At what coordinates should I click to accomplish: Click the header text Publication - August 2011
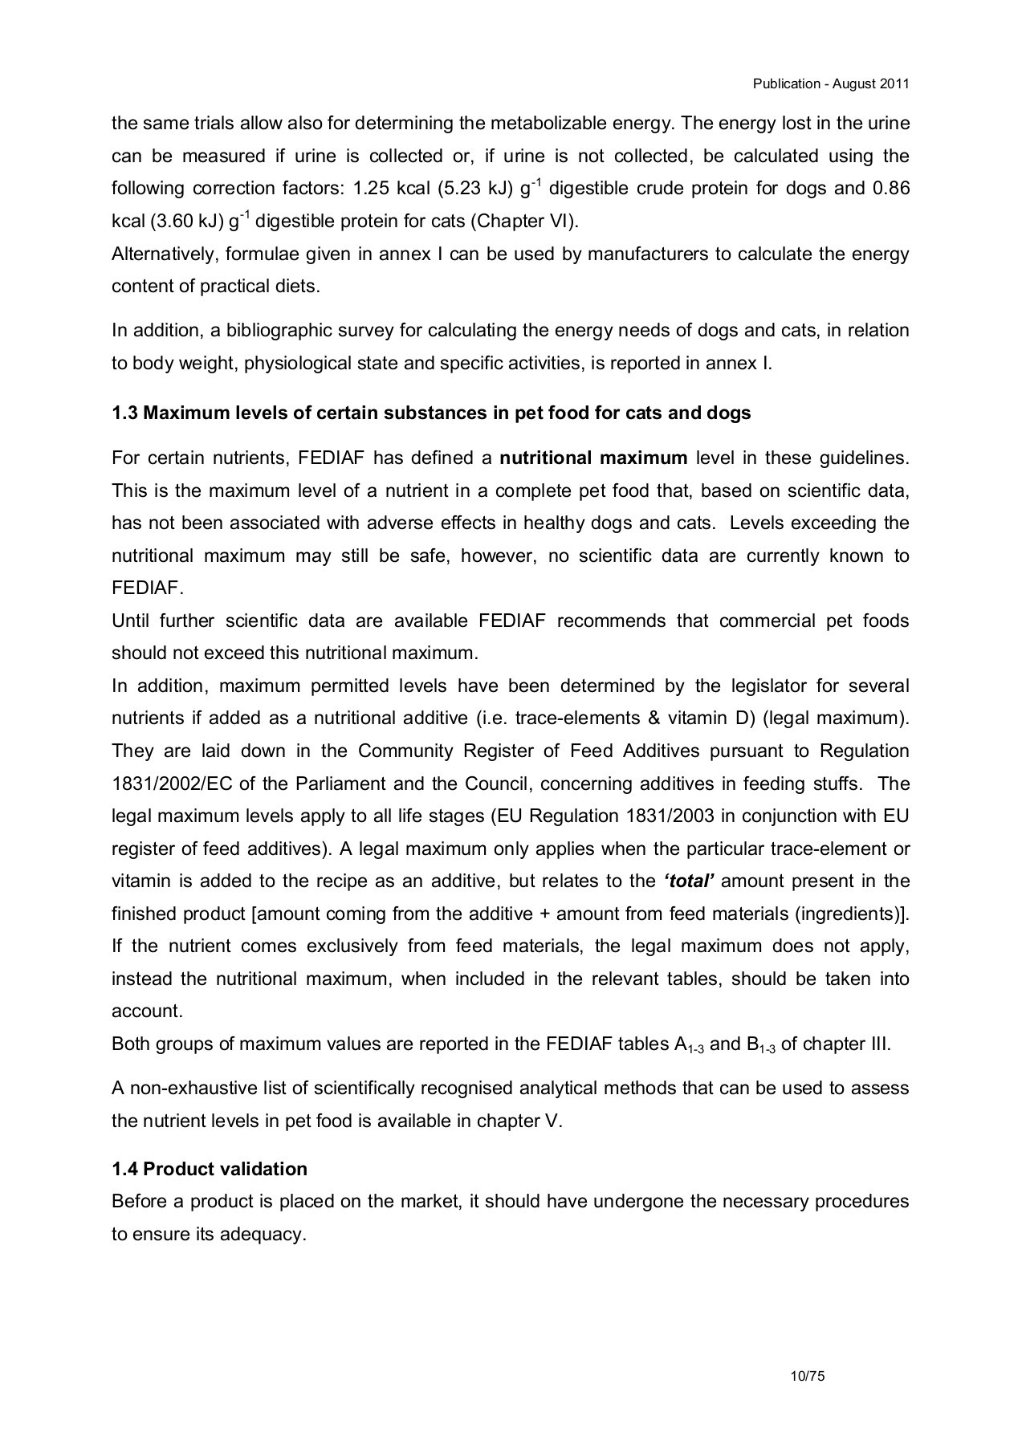[831, 83]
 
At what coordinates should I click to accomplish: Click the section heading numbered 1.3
[431, 413]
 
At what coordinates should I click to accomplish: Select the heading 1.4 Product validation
[210, 1169]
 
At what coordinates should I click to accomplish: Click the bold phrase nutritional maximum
[593, 458]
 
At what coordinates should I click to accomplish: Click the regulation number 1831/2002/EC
[172, 784]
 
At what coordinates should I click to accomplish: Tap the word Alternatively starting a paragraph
[165, 254]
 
